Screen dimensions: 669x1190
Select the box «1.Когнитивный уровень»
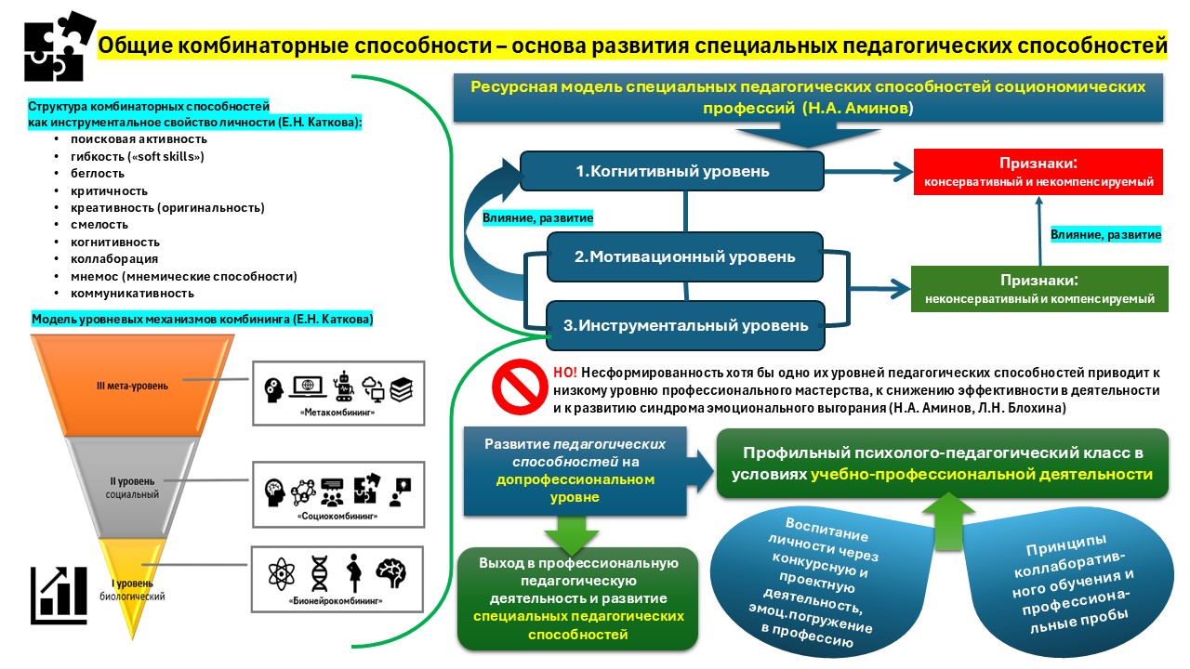tap(671, 172)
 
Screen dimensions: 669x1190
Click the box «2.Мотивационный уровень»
tap(684, 256)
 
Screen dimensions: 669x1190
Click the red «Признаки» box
tap(1038, 171)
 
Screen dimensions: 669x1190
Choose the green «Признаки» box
tap(1038, 288)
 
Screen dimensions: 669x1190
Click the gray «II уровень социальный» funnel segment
tap(135, 488)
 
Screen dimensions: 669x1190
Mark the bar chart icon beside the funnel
tap(59, 595)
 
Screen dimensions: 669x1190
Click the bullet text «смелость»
tap(92, 224)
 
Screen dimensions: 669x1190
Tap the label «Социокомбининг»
tap(337, 514)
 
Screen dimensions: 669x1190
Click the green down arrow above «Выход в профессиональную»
tap(571, 533)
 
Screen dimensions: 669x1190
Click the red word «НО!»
tap(564, 371)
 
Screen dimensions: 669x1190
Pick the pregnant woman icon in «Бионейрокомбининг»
tap(354, 574)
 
